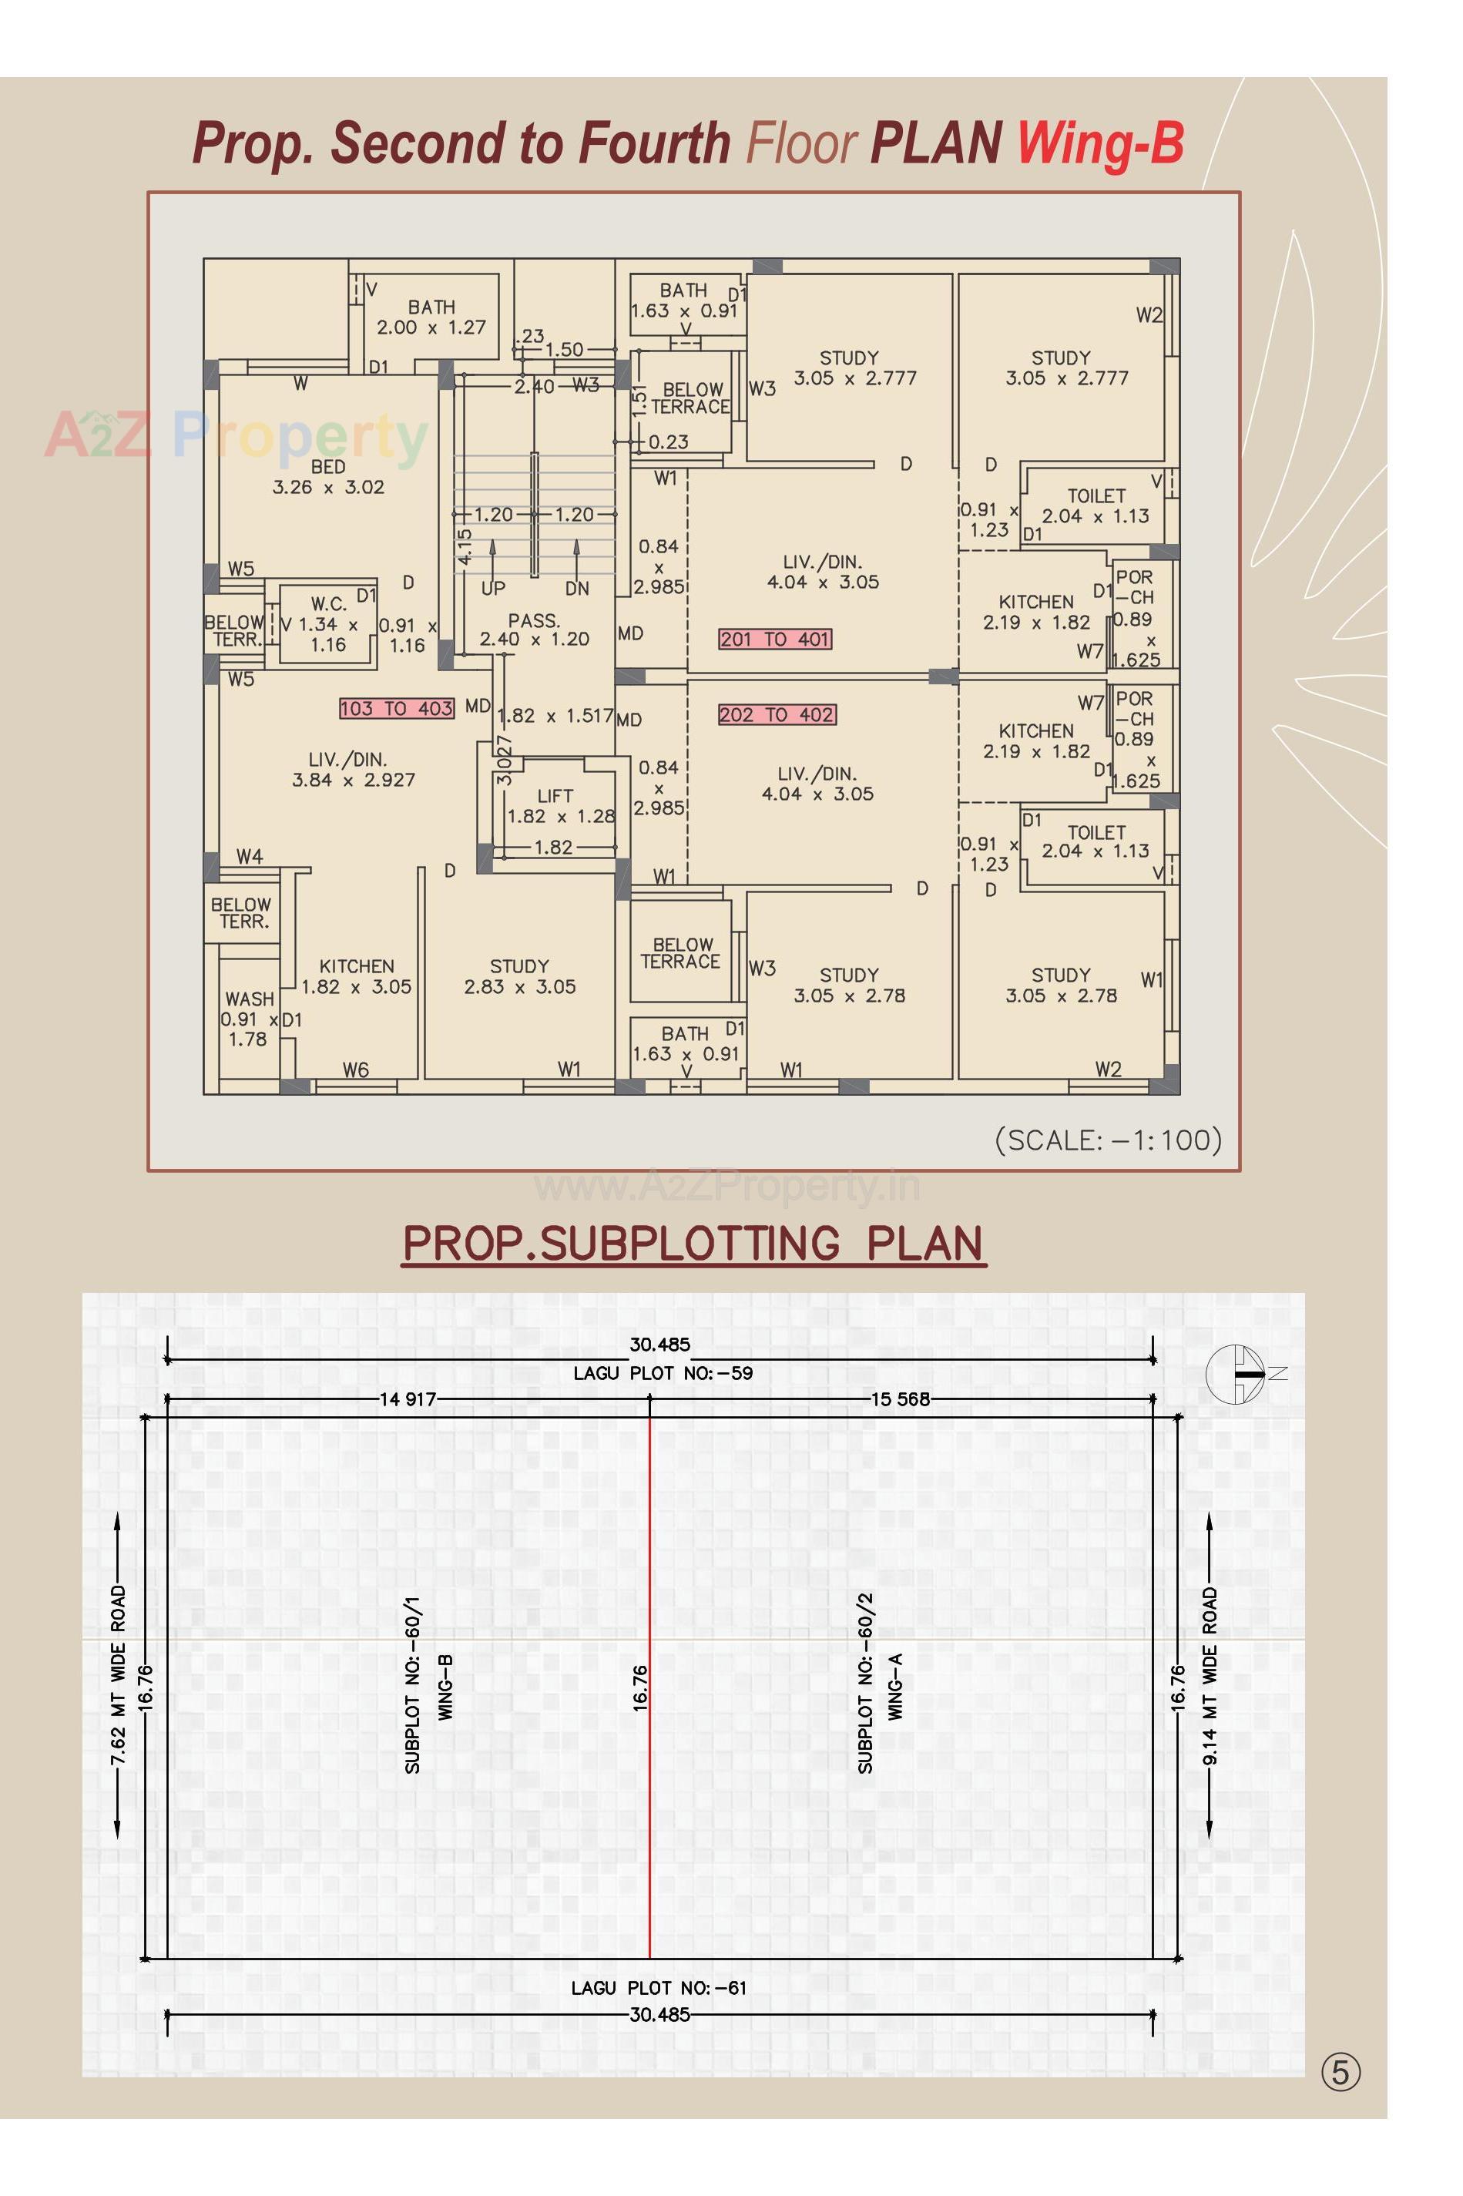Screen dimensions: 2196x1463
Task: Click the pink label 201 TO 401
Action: pos(774,640)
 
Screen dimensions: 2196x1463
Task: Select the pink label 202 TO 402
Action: pos(777,715)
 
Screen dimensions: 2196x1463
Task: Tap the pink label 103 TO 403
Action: pos(397,708)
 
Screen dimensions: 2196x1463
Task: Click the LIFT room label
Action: pos(556,805)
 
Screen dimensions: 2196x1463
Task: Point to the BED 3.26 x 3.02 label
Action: pos(328,476)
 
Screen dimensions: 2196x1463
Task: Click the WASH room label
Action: pos(248,1018)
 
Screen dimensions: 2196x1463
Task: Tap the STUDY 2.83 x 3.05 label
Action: pos(520,976)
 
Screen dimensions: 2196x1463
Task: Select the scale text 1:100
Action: pos(1109,1140)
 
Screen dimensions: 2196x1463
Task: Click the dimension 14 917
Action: pos(407,1400)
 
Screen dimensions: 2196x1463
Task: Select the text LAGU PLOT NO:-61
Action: pos(659,1988)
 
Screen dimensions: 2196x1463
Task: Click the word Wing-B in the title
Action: pos(1100,144)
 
